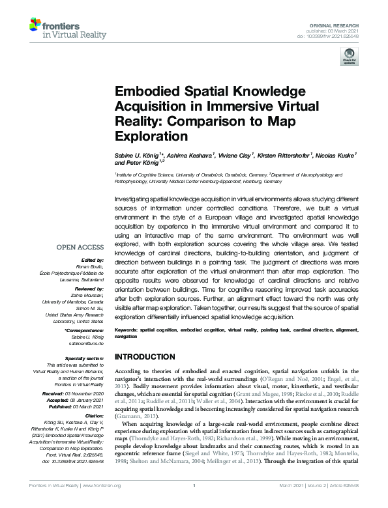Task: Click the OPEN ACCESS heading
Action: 80,247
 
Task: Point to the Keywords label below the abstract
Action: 125,330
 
